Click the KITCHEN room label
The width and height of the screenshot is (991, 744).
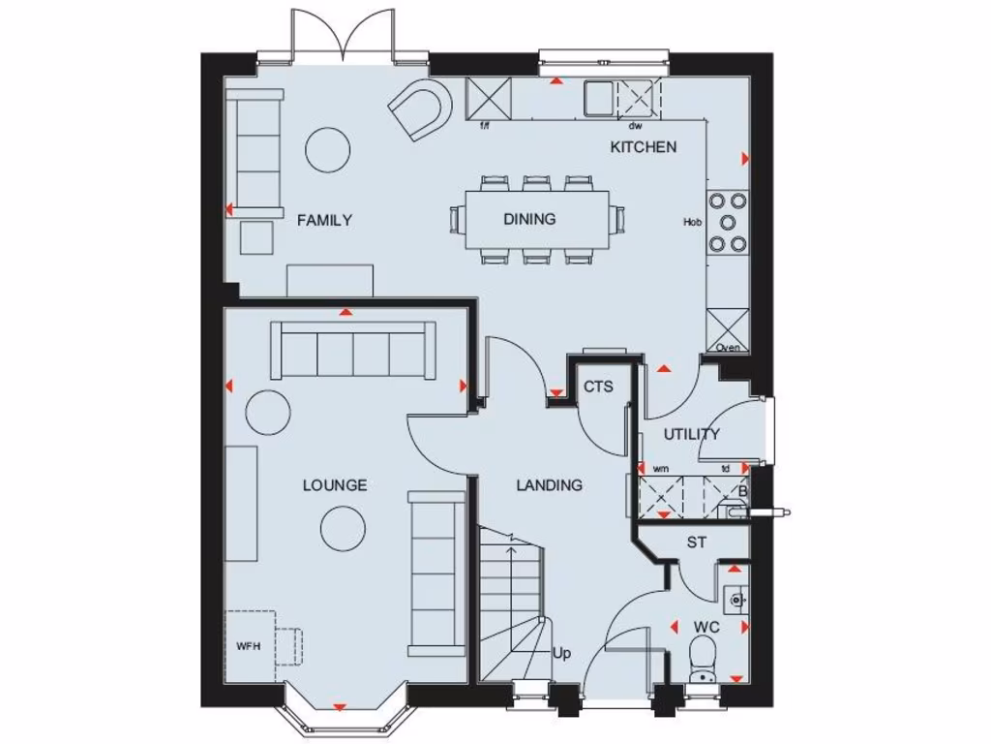point(643,147)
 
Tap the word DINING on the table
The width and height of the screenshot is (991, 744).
point(529,219)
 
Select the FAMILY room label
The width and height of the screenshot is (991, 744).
point(324,220)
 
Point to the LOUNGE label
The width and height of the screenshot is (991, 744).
point(334,484)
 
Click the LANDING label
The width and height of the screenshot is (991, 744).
point(549,484)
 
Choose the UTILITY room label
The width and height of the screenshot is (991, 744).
point(692,434)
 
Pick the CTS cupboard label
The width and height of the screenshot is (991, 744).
point(598,387)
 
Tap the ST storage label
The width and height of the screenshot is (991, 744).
point(696,542)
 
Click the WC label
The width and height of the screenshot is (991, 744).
point(706,628)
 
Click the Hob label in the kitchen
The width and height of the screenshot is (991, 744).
point(692,222)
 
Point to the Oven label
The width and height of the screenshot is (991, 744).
point(728,348)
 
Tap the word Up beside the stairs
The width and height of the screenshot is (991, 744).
point(561,653)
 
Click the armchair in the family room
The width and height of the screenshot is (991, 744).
point(422,108)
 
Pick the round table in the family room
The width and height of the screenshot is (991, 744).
point(327,148)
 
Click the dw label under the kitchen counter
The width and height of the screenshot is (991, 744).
point(635,126)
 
